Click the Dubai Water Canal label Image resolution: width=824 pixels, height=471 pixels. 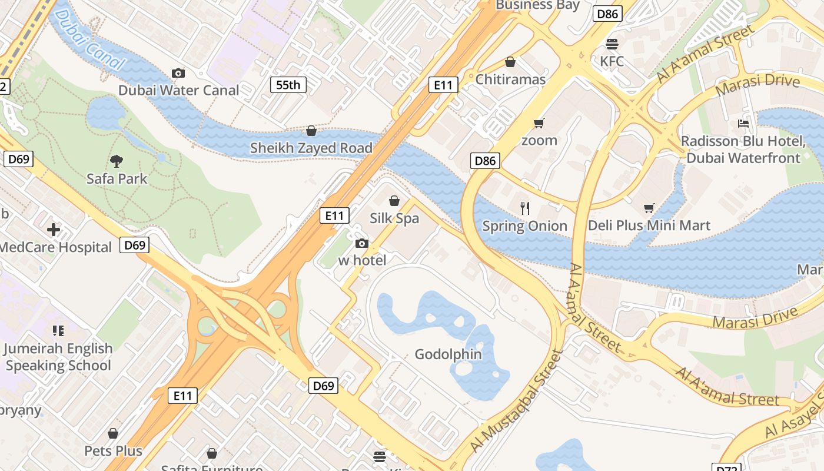tap(179, 90)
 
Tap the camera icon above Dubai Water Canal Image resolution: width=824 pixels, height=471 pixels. tap(178, 73)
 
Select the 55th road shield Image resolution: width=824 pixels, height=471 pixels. tap(288, 85)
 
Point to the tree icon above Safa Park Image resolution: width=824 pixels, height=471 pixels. tap(117, 161)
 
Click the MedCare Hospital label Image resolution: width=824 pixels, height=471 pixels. tap(55, 247)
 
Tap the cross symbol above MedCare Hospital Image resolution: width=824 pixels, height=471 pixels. tap(54, 230)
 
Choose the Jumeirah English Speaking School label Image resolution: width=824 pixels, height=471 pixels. tap(58, 357)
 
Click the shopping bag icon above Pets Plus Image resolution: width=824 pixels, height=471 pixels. tap(113, 434)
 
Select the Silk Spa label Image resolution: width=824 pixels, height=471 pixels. tap(394, 218)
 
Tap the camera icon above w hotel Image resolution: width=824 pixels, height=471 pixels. tap(362, 244)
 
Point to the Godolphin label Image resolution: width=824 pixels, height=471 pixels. tap(448, 354)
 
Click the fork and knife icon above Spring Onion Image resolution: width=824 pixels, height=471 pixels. tap(525, 208)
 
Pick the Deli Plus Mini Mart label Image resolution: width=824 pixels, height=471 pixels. tap(649, 225)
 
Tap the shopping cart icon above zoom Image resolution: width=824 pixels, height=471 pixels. tap(539, 124)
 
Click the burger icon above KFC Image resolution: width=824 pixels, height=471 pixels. tap(612, 44)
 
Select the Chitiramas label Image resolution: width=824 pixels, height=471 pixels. tap(510, 79)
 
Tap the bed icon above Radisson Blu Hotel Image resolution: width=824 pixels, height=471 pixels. tap(743, 124)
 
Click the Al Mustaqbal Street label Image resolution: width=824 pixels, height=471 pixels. tap(516, 402)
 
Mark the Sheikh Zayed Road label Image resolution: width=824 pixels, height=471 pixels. tap(311, 148)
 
